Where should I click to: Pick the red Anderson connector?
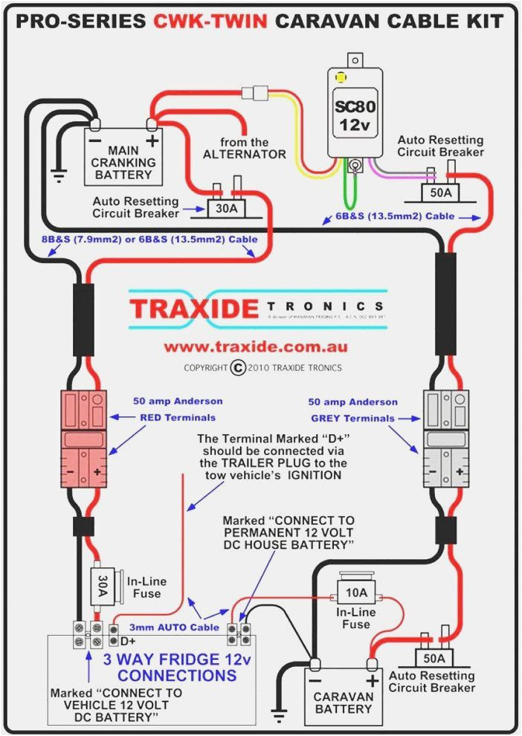85,439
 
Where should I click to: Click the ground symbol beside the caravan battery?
280,717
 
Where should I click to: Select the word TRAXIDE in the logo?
194,308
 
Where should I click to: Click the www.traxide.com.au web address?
255,346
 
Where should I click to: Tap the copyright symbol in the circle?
238,367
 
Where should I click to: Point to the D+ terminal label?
128,641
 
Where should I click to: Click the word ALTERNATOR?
244,154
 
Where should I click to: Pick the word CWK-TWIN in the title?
210,22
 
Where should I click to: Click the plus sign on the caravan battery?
372,680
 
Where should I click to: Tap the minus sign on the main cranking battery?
95,140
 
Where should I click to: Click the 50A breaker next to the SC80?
440,193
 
